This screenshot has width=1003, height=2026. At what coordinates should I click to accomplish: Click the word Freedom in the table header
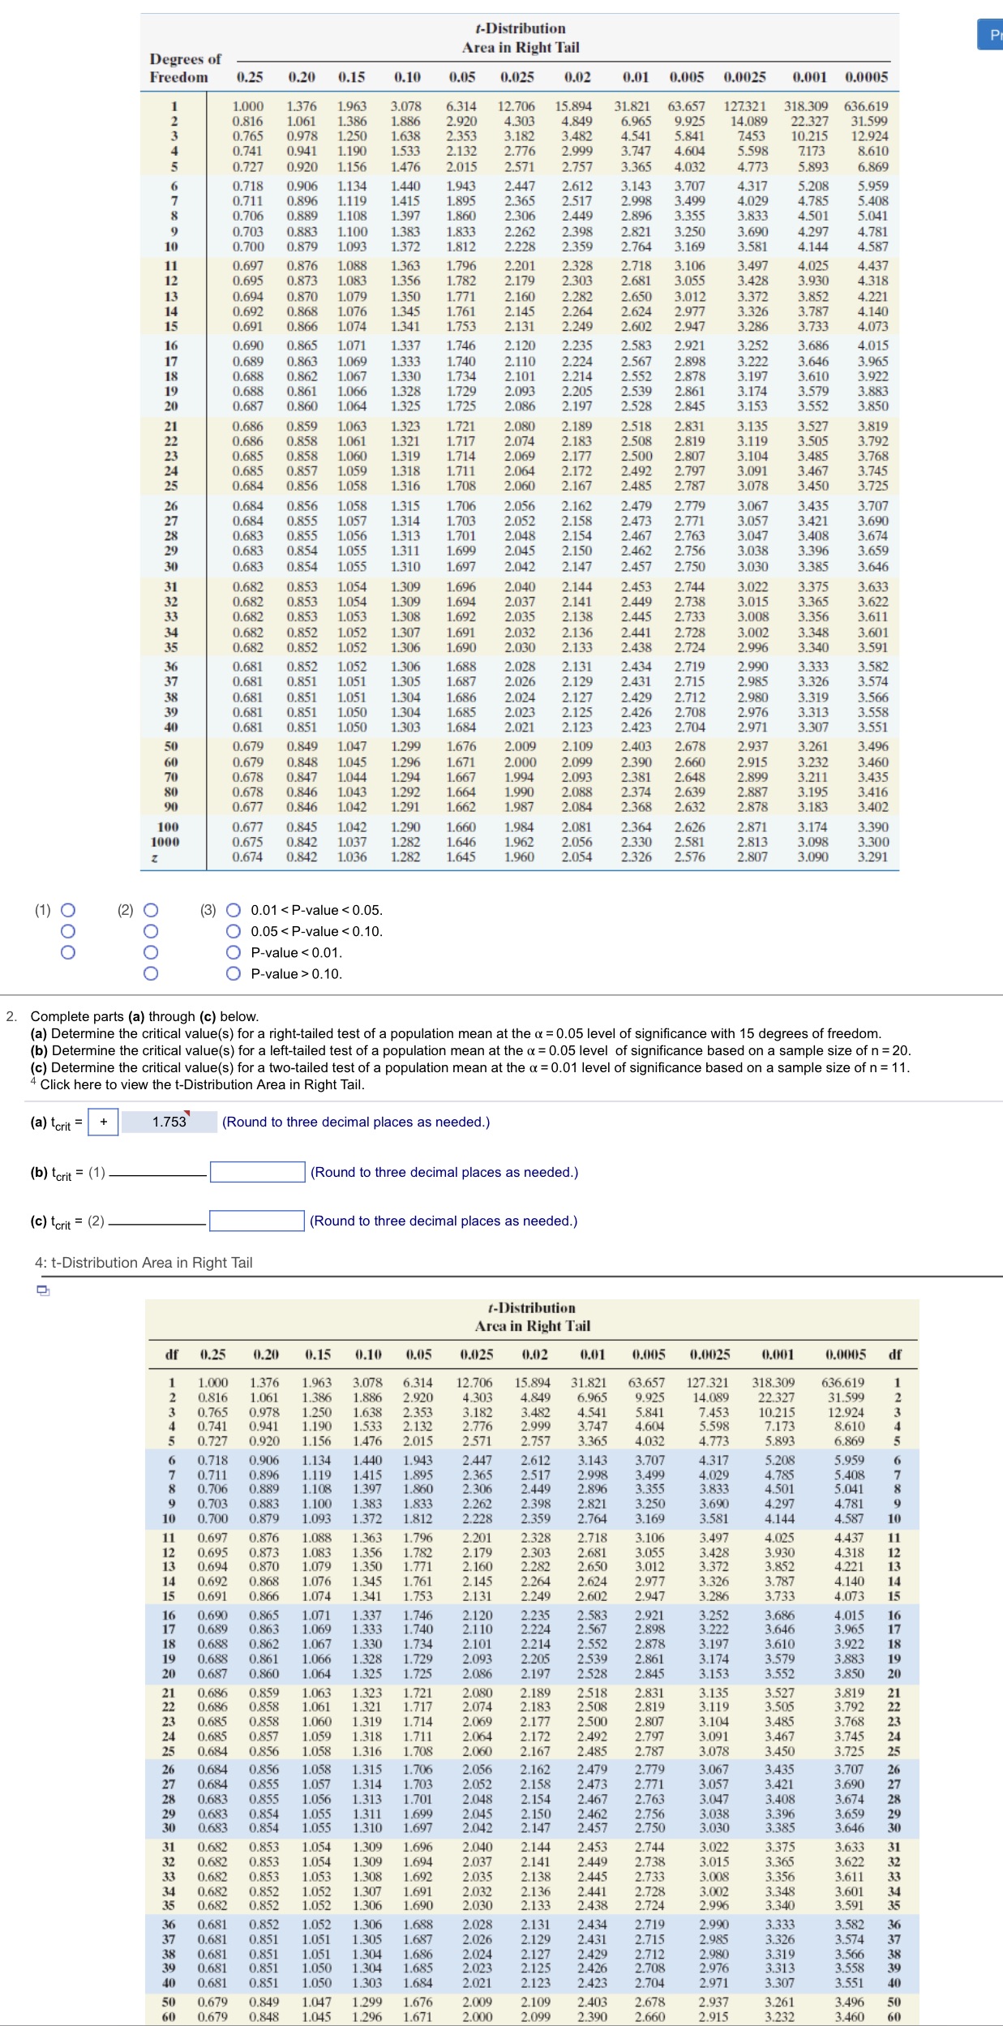[x=178, y=77]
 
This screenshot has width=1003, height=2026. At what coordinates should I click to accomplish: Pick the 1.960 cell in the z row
[x=519, y=856]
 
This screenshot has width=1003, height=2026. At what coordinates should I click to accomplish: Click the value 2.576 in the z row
[x=689, y=856]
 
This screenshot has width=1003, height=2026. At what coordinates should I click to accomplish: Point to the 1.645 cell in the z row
[x=461, y=856]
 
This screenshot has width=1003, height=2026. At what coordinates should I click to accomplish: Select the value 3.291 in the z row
[x=872, y=856]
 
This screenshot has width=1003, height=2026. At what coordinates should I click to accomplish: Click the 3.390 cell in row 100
[x=872, y=826]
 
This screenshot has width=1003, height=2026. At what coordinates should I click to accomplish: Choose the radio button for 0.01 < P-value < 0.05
[x=234, y=910]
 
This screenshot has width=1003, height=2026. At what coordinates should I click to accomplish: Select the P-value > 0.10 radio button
[x=234, y=973]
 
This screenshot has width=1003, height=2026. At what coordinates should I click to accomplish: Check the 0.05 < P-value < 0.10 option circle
[x=234, y=931]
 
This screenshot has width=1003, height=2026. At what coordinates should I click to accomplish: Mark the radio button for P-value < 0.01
[x=234, y=952]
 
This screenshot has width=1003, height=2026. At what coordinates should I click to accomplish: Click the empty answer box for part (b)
[x=257, y=1172]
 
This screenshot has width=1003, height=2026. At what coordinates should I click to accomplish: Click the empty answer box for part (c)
[x=257, y=1221]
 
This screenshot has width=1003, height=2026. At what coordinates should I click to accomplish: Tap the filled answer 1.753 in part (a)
[x=169, y=1122]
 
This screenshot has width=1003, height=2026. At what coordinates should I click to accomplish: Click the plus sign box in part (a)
[x=103, y=1122]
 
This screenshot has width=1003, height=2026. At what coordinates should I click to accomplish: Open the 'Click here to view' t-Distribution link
[x=203, y=1084]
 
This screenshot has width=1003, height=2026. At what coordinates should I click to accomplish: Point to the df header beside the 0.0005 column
[x=894, y=1354]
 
